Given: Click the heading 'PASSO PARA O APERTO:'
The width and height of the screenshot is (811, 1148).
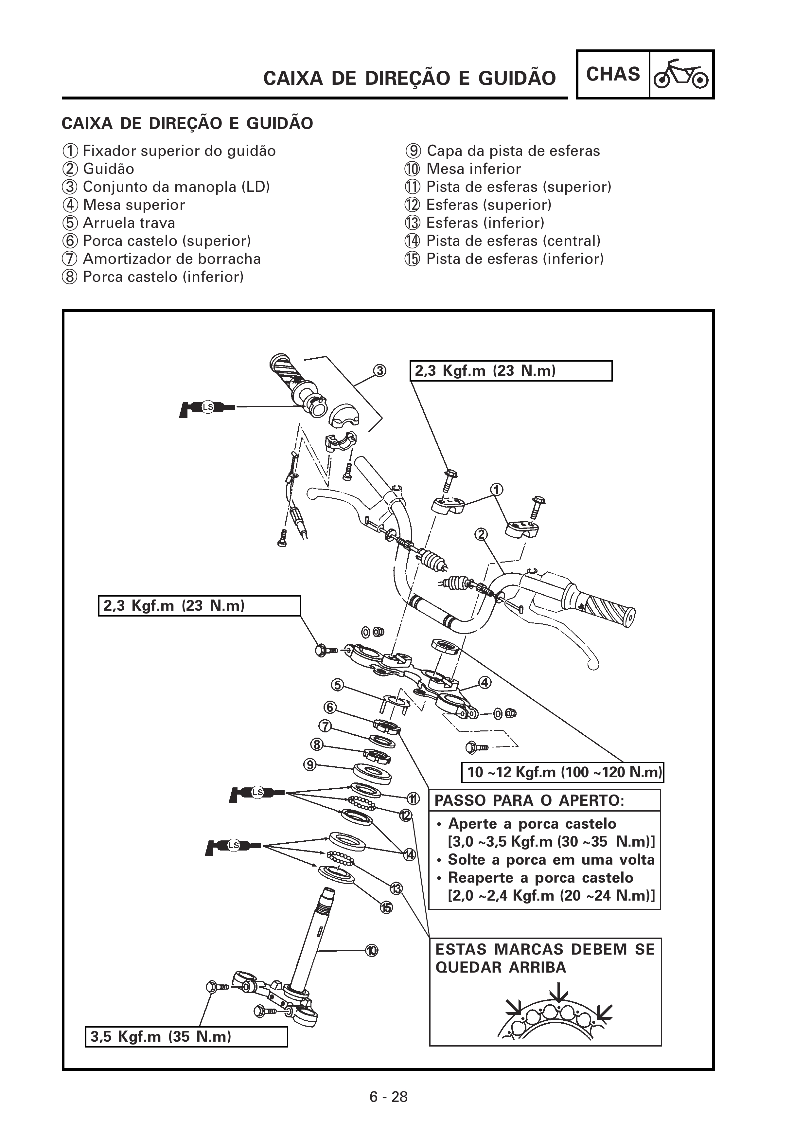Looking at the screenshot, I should coord(529,800).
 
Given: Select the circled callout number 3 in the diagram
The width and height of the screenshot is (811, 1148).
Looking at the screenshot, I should coord(380,370).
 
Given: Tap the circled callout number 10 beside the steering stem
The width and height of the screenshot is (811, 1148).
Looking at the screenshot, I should coord(371,950).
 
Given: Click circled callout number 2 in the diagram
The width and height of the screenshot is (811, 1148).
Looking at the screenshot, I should coord(481,534).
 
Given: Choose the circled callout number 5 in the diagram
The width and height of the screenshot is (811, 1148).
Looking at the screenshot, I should coord(338,685).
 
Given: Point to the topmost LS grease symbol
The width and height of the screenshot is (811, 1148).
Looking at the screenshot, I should coord(207,407).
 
